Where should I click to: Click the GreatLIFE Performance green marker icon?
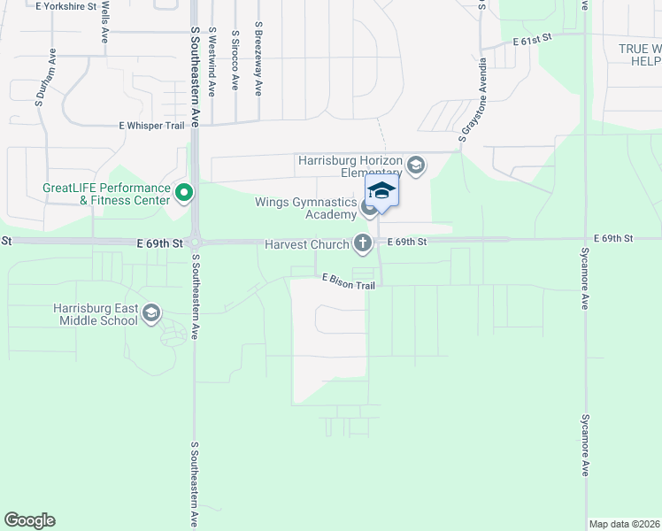184,192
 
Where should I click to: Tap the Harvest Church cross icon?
362,242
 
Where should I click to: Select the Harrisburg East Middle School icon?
151,312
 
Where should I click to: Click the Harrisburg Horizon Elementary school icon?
416,165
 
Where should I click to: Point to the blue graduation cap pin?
381,192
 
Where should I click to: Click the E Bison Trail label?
349,281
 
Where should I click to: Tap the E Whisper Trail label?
151,126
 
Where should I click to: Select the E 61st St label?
533,40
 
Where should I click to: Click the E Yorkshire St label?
65,5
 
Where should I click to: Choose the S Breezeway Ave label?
258,59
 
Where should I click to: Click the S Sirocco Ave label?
235,60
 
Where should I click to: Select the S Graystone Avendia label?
472,101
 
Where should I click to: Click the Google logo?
29,520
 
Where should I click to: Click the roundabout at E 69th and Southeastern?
195,242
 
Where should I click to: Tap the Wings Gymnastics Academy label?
304,209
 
